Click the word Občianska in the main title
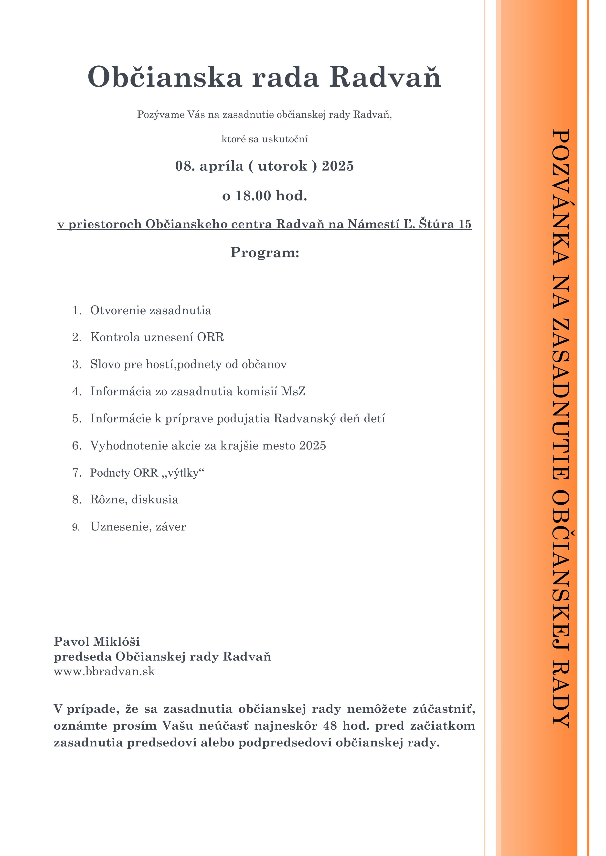(165, 77)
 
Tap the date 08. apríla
(209, 166)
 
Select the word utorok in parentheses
(282, 166)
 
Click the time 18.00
(253, 196)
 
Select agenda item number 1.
(76, 311)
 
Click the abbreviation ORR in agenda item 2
(211, 337)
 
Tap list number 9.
(76, 527)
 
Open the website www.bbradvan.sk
(104, 672)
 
